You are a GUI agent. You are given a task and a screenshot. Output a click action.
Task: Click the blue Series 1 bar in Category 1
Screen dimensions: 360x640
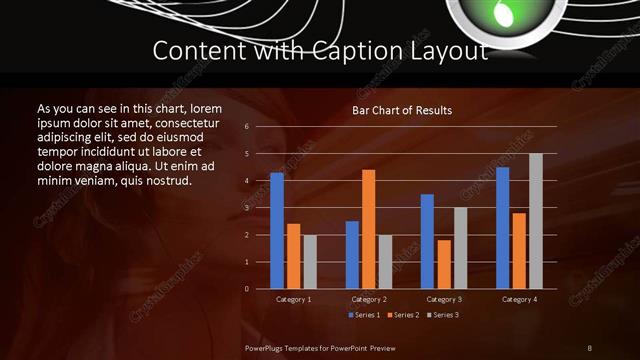click(277, 231)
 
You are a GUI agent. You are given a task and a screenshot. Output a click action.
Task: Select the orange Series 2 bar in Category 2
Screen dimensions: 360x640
click(369, 229)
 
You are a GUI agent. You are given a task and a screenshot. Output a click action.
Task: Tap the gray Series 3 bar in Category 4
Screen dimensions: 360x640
click(536, 221)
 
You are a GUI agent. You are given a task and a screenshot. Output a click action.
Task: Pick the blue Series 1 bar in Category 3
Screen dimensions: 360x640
click(427, 241)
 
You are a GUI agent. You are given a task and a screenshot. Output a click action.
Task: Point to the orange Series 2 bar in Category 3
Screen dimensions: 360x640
click(444, 264)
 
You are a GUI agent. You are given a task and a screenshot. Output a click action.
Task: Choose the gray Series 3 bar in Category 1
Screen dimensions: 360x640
click(310, 262)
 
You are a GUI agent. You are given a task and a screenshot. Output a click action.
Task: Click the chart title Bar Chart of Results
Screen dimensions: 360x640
click(402, 110)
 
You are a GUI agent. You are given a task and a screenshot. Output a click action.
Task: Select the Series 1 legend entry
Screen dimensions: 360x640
click(365, 315)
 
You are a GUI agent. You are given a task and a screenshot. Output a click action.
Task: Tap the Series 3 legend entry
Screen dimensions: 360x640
click(443, 315)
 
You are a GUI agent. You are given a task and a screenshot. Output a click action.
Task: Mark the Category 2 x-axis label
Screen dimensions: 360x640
click(369, 299)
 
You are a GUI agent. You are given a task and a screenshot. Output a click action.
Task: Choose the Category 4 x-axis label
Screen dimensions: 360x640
click(518, 299)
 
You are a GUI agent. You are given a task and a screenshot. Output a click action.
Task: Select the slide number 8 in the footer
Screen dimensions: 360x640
click(590, 347)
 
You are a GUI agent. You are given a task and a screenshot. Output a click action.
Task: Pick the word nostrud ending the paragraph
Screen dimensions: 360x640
click(169, 181)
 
